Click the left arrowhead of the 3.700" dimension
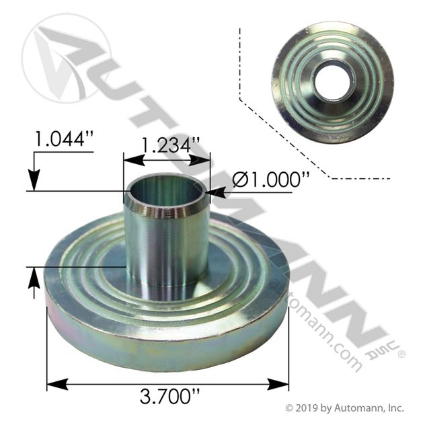click(x=57, y=385)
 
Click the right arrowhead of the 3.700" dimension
click(x=278, y=385)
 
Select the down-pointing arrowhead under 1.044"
click(x=34, y=180)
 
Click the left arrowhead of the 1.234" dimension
click(x=134, y=160)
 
